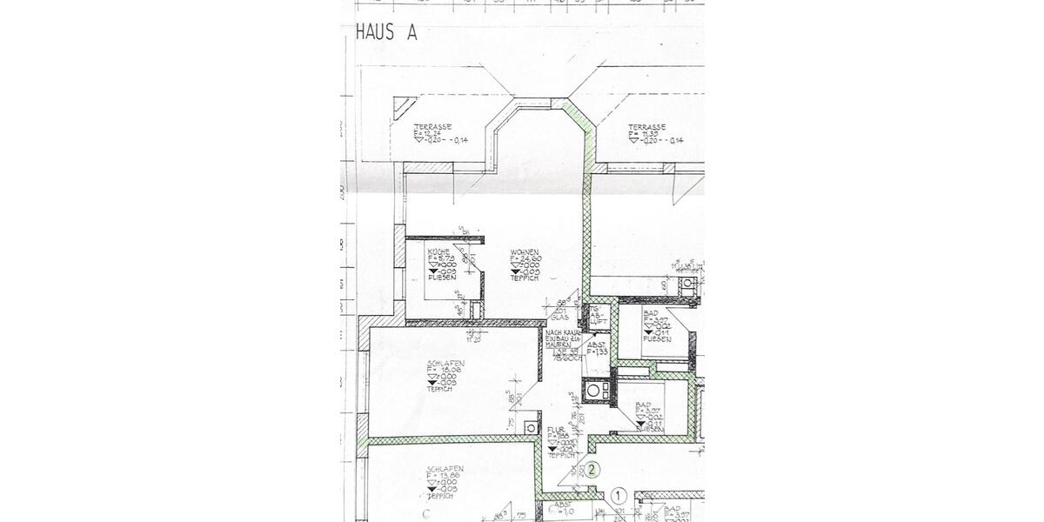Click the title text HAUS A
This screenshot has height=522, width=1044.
pos(387,33)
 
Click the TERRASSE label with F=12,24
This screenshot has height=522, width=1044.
pos(432,127)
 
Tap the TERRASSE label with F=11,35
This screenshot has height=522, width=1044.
pos(647,127)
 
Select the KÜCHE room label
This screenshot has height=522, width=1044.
pos(438,251)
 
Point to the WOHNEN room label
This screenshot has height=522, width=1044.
pos(524,251)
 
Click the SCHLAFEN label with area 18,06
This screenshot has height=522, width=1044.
pos(445,362)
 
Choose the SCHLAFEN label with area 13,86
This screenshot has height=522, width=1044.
pos(445,468)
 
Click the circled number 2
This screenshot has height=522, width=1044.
pos(592,471)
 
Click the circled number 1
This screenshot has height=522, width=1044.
pos(619,495)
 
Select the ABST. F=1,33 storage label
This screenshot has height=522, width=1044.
pos(597,348)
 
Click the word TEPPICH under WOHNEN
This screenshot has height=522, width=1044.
pos(525,279)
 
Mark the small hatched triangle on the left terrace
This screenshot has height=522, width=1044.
pos(403,107)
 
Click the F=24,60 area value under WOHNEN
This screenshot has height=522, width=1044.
pos(527,258)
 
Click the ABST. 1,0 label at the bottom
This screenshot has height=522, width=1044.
pos(565,509)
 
